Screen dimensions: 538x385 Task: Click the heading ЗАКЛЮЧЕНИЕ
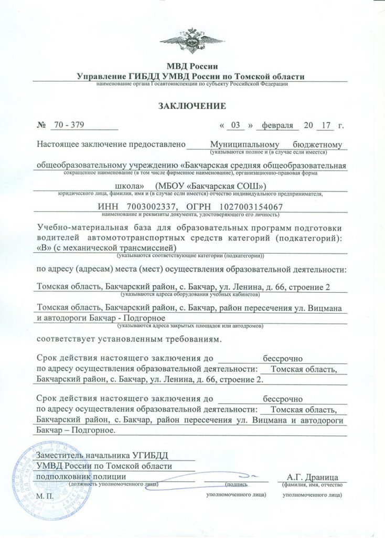192,106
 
